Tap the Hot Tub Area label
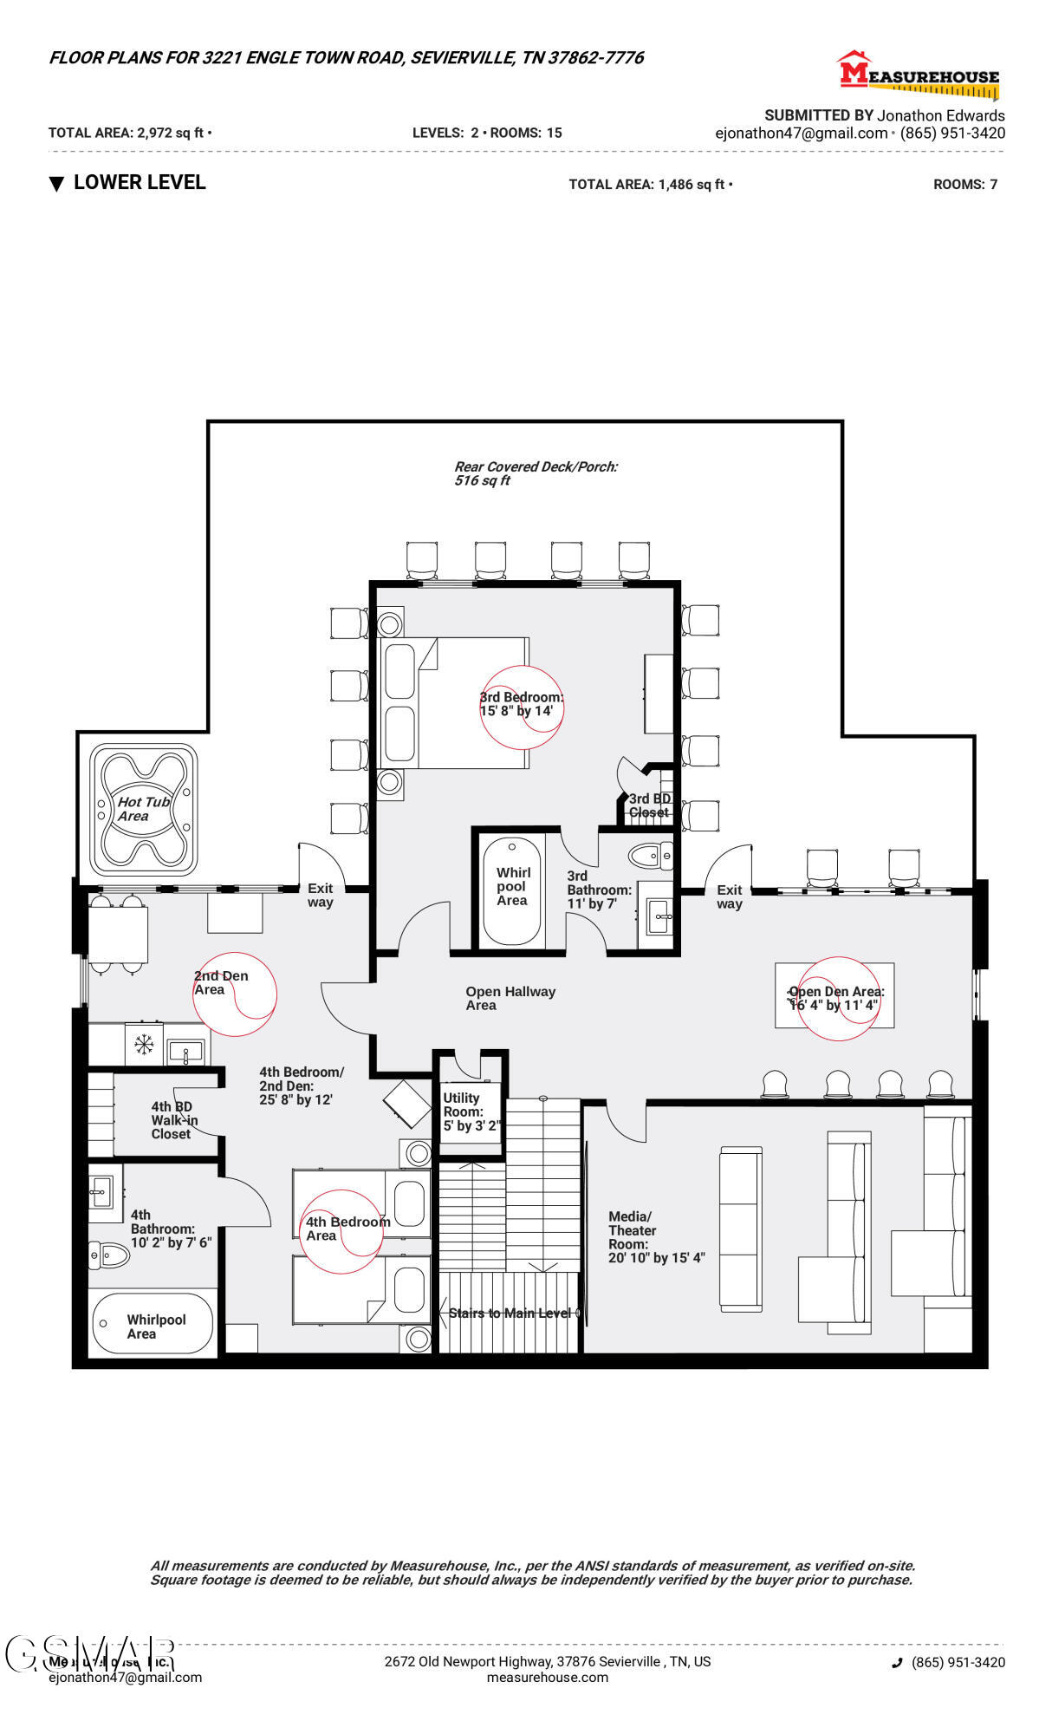coord(143,809)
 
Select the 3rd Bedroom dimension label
coord(521,704)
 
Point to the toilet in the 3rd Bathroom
coord(649,857)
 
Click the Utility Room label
coord(469,1111)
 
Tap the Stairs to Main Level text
coord(510,1313)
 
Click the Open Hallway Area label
coord(510,998)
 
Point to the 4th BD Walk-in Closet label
coord(174,1120)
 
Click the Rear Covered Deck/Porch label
coord(535,473)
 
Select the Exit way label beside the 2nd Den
coord(320,895)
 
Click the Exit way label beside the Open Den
coord(729,896)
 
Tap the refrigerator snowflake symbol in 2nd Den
coord(144,1044)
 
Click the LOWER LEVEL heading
coord(139,183)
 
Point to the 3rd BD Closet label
coord(649,805)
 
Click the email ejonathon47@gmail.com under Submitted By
coord(801,134)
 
